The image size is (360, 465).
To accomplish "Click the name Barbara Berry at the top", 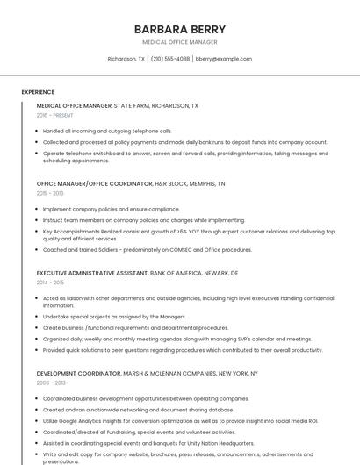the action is point(180,29).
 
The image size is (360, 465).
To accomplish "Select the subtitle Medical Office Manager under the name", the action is point(180,42).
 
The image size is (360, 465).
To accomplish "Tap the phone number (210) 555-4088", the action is point(170,59).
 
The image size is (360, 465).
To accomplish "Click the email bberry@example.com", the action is point(224,59).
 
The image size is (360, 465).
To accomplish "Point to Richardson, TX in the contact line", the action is point(126,59).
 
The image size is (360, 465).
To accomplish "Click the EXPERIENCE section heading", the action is point(38,92).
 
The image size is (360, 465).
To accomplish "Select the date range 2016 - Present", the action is point(55,115).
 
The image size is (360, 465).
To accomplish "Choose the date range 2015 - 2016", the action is point(51,193).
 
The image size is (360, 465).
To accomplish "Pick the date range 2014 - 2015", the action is point(51,283).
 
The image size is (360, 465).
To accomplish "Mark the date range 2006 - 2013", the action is point(51,383).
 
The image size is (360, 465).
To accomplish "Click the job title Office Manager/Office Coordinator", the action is point(94,184).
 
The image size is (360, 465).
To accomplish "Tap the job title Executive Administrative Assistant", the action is point(92,274).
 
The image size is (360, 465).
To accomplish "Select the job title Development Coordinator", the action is point(78,374).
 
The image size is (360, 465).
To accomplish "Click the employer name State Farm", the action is point(131,105).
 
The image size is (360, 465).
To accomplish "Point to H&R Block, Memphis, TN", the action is point(190,184).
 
